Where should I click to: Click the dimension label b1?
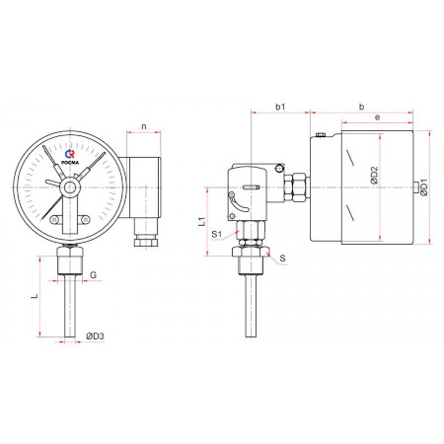pyautogui.click(x=280, y=107)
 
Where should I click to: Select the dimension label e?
pyautogui.click(x=377, y=117)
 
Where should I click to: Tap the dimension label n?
pyautogui.click(x=144, y=126)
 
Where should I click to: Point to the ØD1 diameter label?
pyautogui.click(x=424, y=187)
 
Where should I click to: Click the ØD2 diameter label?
pyautogui.click(x=374, y=176)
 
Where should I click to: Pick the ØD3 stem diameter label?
pyautogui.click(x=95, y=335)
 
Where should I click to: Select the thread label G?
pyautogui.click(x=93, y=274)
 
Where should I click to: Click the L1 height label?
pyautogui.click(x=202, y=221)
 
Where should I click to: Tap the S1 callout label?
pyautogui.click(x=217, y=234)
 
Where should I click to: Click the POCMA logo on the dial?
pyautogui.click(x=70, y=157)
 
